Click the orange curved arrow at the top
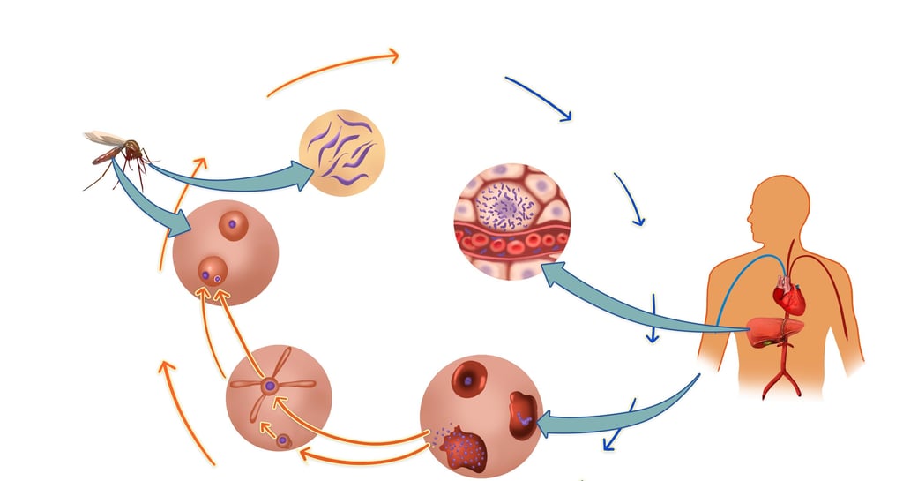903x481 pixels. point(335,67)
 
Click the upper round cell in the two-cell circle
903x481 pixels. point(234,223)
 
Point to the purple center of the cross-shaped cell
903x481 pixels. point(270,386)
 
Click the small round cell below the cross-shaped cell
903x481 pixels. point(284,439)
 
